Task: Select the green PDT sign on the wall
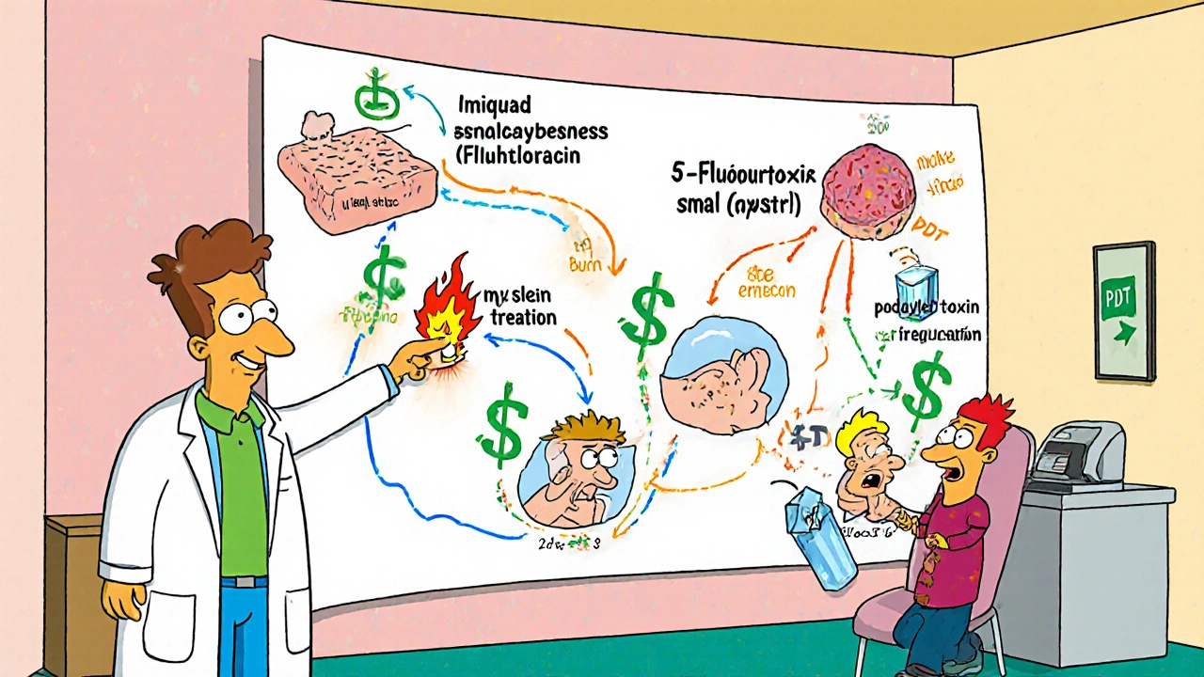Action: tap(1124, 310)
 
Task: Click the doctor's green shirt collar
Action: tap(226, 404)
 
